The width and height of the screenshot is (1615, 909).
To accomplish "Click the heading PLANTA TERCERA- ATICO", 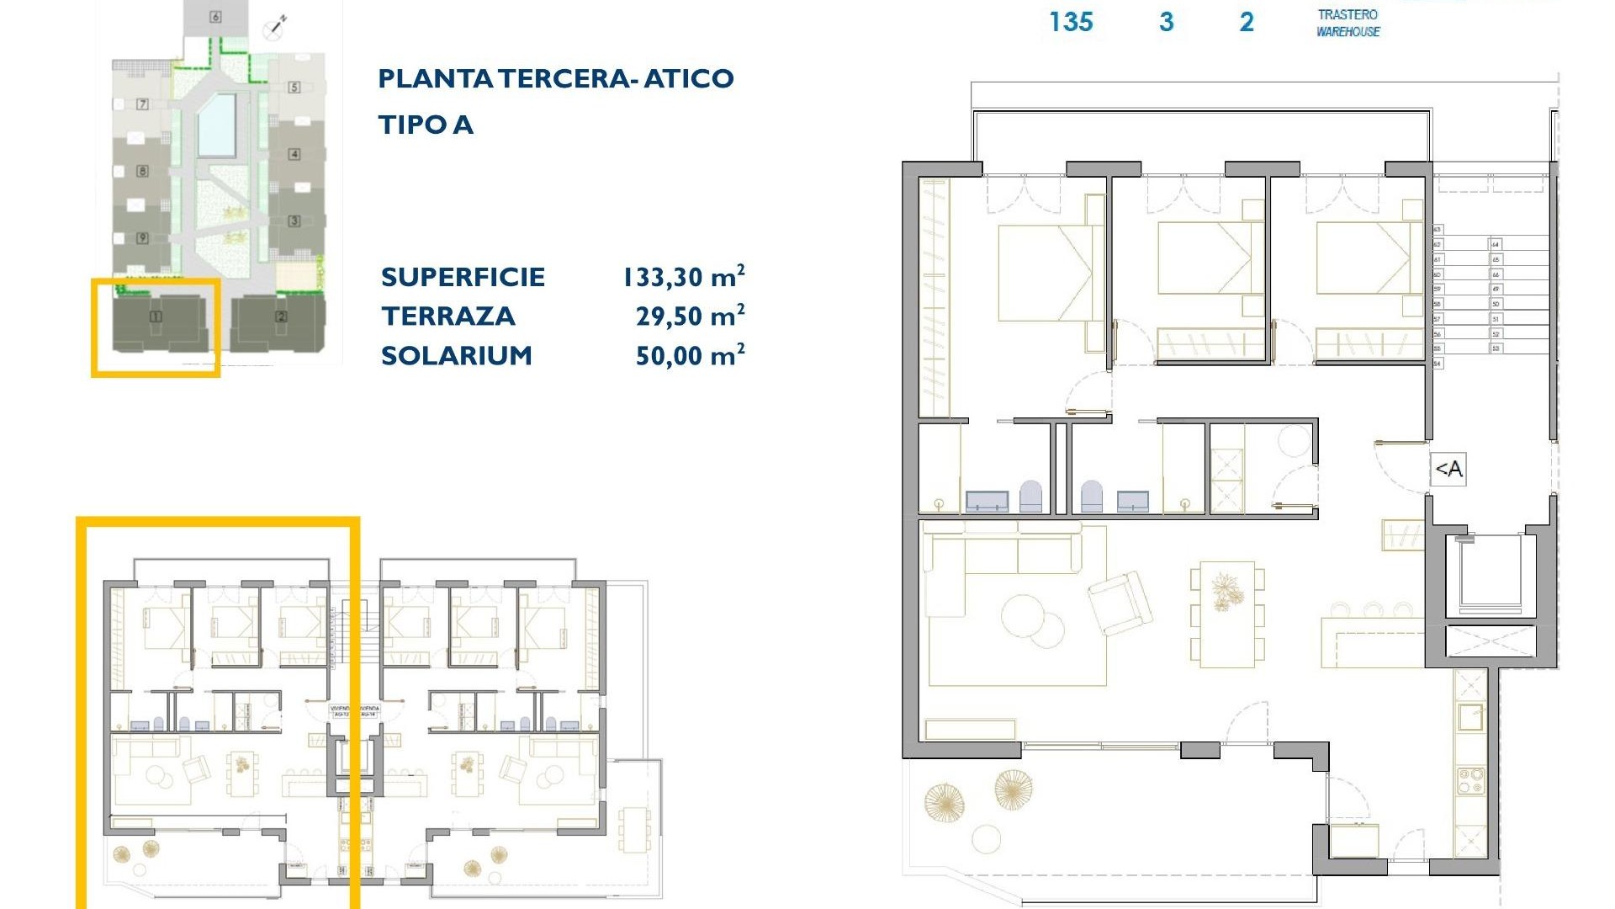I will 555,79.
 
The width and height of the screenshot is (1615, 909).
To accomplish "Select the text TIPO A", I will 426,125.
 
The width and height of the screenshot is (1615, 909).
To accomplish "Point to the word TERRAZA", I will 447,316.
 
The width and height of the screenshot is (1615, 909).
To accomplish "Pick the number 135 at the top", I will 1071,22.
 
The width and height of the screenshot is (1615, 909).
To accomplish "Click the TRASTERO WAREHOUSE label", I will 1348,23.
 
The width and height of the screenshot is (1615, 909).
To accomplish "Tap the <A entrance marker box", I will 1448,470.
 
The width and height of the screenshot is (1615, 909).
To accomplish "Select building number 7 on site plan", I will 142,104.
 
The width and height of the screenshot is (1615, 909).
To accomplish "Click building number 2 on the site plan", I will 281,316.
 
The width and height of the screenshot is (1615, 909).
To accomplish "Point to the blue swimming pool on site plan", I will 217,125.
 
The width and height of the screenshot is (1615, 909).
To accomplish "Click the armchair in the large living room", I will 1120,603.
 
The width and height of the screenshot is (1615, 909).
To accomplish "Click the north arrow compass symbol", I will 277,27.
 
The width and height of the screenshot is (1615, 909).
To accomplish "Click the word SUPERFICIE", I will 463,277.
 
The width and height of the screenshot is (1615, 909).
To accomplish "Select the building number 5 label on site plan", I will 294,87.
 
